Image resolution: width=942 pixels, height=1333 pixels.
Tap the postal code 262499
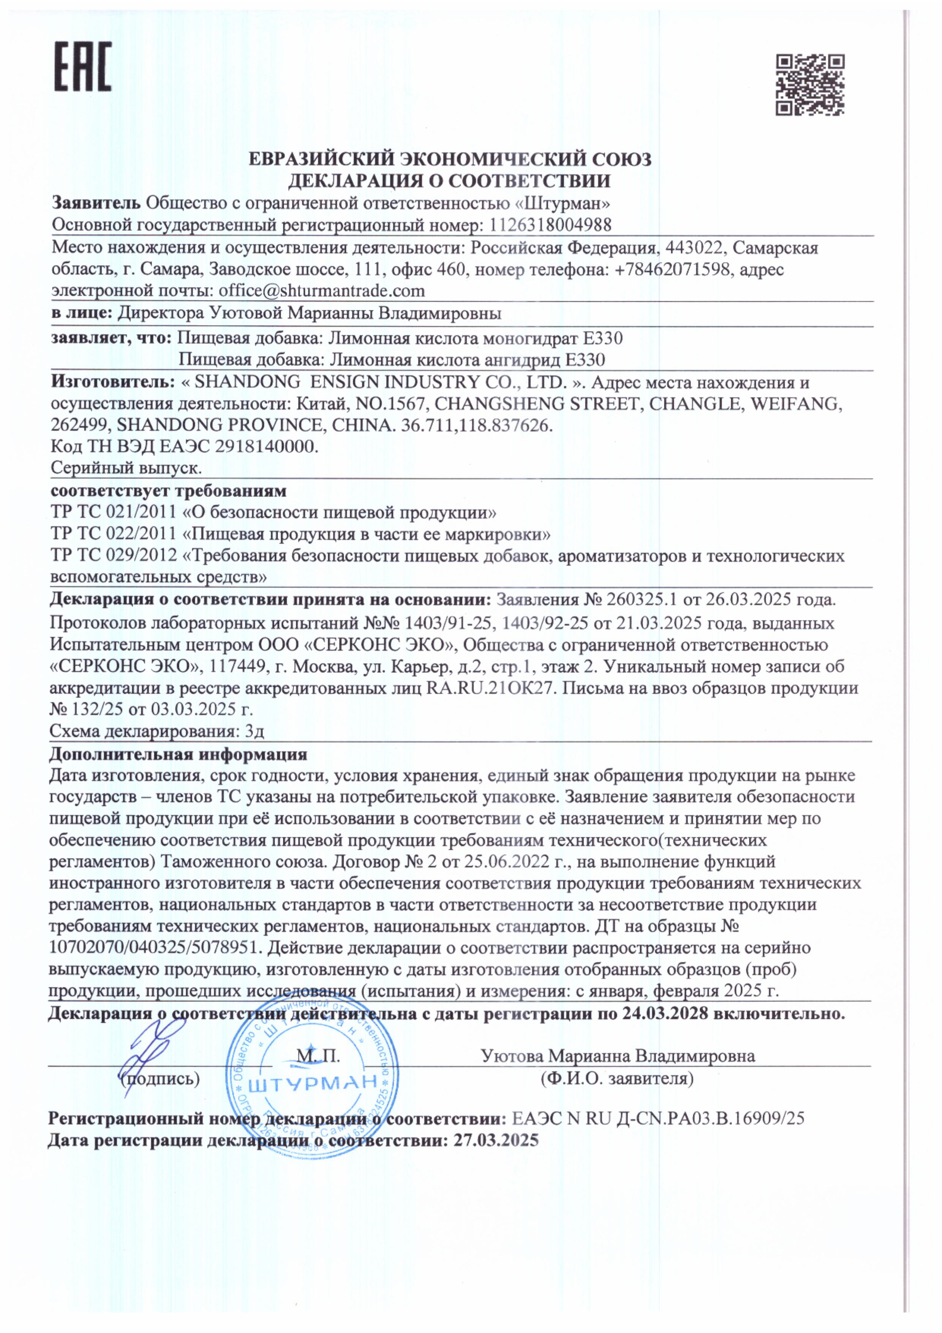click(x=81, y=425)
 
